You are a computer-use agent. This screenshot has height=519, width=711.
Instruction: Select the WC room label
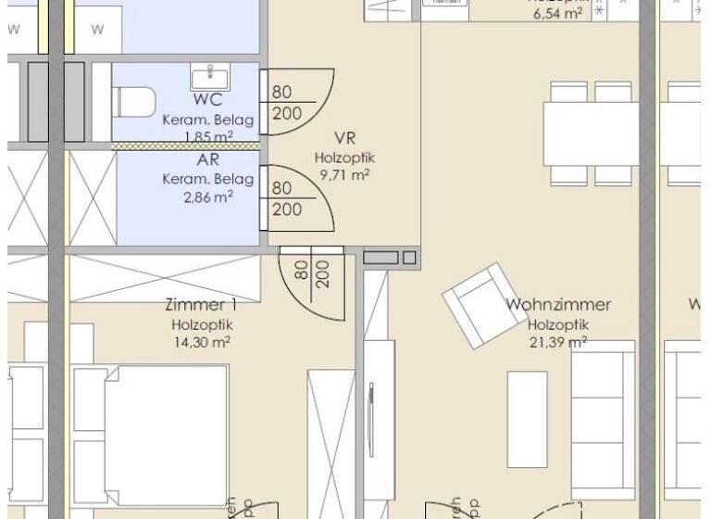(207, 100)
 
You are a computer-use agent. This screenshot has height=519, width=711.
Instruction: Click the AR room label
(207, 158)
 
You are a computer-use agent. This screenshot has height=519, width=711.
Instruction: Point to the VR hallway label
(345, 139)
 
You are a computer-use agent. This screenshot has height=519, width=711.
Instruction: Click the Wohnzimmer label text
(558, 304)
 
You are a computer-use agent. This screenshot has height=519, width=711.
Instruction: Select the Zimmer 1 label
(200, 305)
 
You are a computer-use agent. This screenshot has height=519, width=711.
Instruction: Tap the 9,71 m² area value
(345, 174)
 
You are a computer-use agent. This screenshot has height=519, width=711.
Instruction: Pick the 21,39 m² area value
(557, 342)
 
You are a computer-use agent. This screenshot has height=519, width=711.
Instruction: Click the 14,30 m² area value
(200, 341)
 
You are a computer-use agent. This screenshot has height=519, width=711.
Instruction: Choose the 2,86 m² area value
(207, 196)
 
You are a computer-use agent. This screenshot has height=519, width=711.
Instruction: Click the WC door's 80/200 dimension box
(287, 103)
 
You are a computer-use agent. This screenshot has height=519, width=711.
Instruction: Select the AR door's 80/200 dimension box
(287, 198)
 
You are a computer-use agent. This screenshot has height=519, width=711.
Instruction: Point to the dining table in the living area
(592, 133)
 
